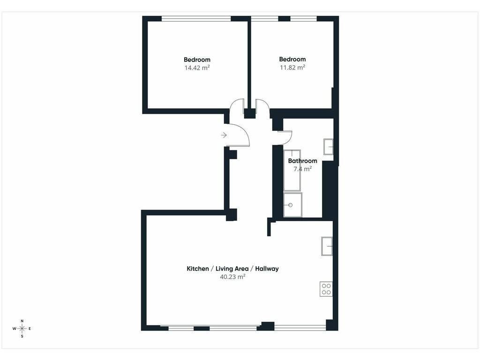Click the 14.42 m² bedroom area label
pos(197,67)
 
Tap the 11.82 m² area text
pos(292,67)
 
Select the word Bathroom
pos(302,161)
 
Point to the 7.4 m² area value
pos(302,169)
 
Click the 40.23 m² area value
pos(232,277)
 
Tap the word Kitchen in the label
pos(198,269)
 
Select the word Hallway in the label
pos(267,269)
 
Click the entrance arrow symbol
pos(224,135)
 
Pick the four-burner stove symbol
pos(326,289)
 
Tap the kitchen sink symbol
pos(327,246)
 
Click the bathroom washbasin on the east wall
pos(329,147)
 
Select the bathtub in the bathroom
pos(292,170)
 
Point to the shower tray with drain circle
pos(292,205)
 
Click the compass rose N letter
pos(22,321)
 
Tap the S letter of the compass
pos(22,336)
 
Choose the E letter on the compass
pos(30,329)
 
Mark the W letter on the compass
pos(15,329)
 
